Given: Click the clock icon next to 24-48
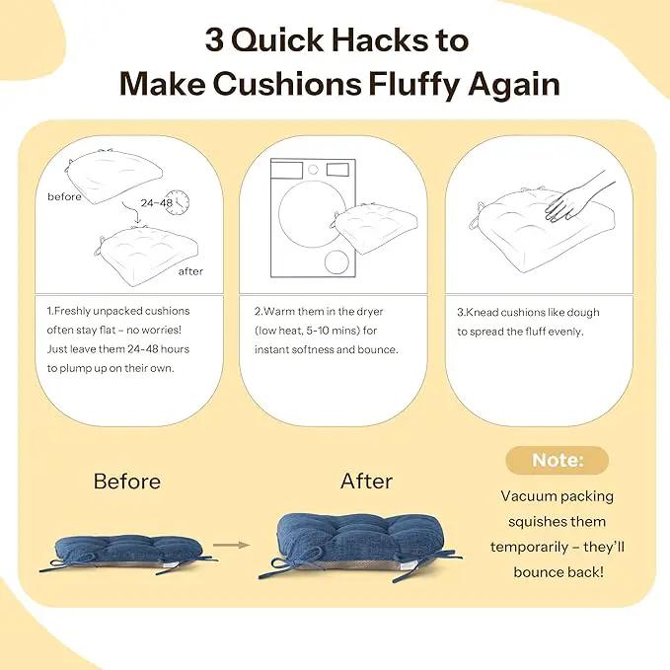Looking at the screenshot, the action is point(178,202).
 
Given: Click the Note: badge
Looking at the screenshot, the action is point(557,460).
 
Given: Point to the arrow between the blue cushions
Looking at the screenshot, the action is point(231,545).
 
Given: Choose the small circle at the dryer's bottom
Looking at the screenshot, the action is point(336,262).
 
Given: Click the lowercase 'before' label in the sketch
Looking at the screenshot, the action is point(64,197).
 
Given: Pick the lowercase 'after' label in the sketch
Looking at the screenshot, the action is point(190,271).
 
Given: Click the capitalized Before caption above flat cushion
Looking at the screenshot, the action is point(127,482).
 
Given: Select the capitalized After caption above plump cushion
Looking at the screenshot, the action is point(366,482).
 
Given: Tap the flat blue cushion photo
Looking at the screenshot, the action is point(127,553).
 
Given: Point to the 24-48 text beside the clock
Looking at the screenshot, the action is point(156,202).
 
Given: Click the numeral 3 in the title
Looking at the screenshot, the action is point(214,40).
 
